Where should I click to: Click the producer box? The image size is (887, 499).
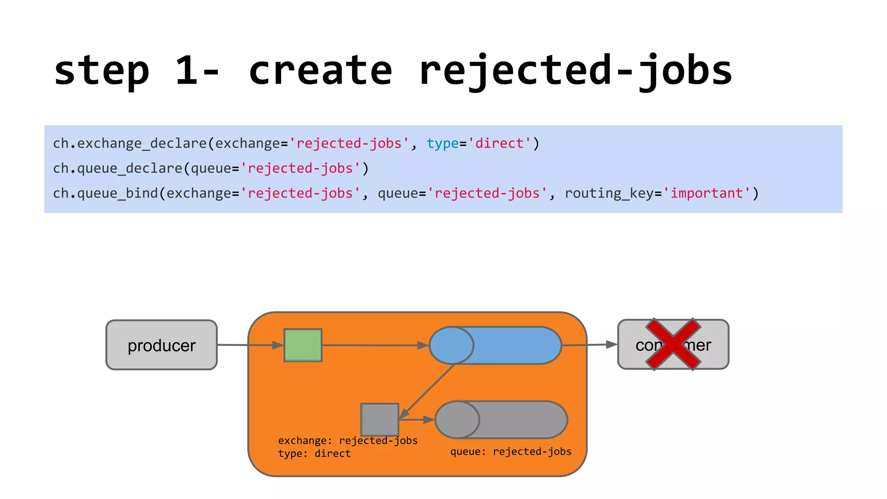pos(162,345)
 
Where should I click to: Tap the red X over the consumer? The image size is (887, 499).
pos(673,344)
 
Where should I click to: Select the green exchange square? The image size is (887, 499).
pos(303,345)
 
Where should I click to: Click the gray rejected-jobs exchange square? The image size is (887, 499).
pos(380,419)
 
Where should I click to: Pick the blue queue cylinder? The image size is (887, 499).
pos(495,345)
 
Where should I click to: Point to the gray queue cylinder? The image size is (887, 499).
pos(501,420)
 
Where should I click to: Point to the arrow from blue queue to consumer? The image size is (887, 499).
pos(589,345)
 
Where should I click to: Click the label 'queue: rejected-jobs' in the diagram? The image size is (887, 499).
pos(511,451)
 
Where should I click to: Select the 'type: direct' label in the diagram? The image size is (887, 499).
pos(314,454)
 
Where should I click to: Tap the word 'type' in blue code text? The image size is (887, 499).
pos(442,143)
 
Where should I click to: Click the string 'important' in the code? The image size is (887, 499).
pos(707,193)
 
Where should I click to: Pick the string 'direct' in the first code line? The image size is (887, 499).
pos(499,143)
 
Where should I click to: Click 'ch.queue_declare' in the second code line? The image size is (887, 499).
pos(117,168)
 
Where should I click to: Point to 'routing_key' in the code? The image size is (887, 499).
pos(609,193)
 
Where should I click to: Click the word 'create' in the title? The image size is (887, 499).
pos(320,71)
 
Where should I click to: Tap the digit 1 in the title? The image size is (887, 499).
pos(187,71)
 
